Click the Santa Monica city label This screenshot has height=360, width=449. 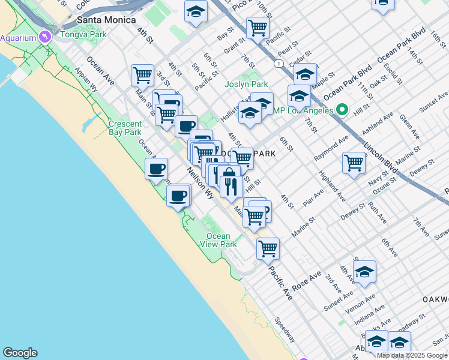(x=99, y=20)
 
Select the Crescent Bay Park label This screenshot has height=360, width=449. (x=125, y=128)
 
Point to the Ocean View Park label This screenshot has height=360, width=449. (x=218, y=240)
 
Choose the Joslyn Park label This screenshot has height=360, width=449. (x=246, y=85)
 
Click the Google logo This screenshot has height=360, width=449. (x=20, y=353)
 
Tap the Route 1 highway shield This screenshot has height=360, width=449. (x=279, y=63)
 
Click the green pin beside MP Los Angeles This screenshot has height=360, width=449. (x=342, y=110)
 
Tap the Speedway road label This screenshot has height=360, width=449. (x=286, y=329)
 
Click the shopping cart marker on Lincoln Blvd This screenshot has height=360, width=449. (x=354, y=162)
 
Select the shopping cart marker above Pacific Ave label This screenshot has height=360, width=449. (x=268, y=248)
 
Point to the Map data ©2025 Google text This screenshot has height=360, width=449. (x=411, y=355)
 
